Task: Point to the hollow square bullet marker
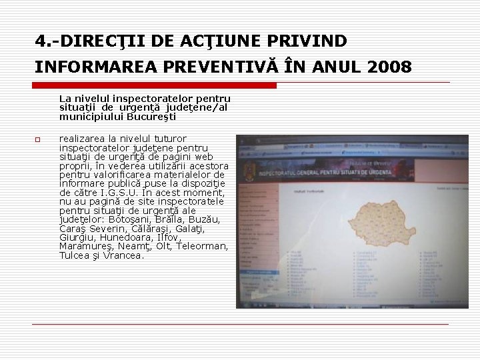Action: click(39, 139)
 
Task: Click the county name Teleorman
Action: click(200, 247)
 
